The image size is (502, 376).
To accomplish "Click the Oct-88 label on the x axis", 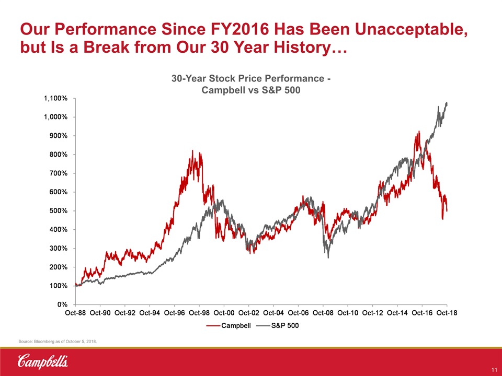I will (75, 313).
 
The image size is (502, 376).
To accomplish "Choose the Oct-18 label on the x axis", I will (447, 313).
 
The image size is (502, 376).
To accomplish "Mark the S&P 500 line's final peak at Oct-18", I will (447, 103).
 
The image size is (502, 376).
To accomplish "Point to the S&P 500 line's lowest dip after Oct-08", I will (328, 257).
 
